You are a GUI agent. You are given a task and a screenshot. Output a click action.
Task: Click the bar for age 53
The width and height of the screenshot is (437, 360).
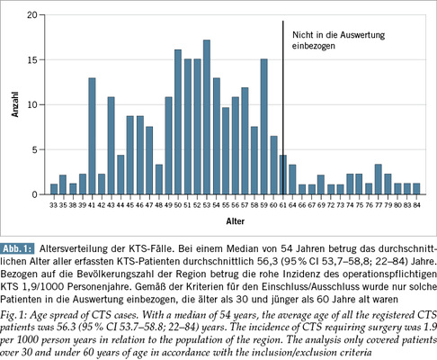pos(207,117)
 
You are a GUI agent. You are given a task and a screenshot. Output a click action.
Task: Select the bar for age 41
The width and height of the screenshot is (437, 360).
pos(92,136)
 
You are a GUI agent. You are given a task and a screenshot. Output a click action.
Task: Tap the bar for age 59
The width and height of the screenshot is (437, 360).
pos(264,127)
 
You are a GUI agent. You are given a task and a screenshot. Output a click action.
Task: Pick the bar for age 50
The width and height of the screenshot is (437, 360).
pos(178,121)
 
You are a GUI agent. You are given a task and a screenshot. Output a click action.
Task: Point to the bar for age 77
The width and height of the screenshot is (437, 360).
pos(379,179)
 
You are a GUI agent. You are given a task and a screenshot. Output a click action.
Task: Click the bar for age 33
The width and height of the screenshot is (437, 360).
pos(54,189)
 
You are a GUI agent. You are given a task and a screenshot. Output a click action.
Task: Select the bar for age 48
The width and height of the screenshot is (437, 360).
pos(159,179)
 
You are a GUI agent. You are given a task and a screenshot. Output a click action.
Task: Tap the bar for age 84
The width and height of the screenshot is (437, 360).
pos(416,189)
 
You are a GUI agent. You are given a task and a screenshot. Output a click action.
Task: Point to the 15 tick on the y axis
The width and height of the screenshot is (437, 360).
pos(40,59)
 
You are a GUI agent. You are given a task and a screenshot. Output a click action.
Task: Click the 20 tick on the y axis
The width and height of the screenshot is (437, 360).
pos(40,14)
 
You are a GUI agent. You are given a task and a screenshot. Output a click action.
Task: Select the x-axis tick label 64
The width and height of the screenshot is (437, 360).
pos(292,205)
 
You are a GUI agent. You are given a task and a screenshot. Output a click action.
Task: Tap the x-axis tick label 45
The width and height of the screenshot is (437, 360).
pos(130,205)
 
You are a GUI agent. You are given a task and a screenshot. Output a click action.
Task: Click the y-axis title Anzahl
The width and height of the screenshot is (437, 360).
pos(15,104)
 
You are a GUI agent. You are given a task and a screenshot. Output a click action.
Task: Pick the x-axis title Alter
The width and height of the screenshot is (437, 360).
pos(236,221)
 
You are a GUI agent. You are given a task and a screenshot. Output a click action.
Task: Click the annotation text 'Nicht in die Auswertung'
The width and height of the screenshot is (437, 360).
pos(339,35)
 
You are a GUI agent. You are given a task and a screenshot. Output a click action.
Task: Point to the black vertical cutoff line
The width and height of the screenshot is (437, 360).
pos(282,108)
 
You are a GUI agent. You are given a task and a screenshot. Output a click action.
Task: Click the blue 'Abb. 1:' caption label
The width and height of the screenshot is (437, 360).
pos(18,248)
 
